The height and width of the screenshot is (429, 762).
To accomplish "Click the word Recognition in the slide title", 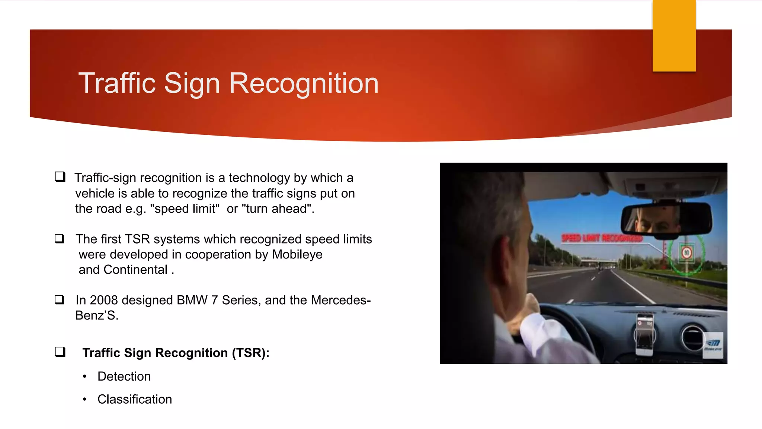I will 304,83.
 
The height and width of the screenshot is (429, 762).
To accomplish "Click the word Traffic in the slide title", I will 116,83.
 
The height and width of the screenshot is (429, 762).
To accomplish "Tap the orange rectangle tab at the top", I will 674,36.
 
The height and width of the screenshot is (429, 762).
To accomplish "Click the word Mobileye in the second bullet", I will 297,254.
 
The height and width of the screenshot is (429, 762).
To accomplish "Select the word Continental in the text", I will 135,270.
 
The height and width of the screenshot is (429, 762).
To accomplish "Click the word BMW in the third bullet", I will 192,300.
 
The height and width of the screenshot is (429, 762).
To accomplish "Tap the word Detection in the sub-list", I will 124,376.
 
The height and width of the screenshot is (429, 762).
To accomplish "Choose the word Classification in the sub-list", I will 135,399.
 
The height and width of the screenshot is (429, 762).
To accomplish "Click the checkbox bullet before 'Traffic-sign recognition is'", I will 60,177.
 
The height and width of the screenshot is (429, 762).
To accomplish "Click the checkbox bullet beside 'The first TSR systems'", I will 60,238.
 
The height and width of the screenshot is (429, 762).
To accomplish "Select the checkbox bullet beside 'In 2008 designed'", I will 60,299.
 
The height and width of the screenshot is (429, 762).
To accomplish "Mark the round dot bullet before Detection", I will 85,376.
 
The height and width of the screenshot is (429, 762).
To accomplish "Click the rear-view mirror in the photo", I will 666,220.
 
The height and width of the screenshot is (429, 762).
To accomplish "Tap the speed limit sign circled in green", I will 686,253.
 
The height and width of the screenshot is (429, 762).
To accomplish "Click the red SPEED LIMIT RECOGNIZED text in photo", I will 602,238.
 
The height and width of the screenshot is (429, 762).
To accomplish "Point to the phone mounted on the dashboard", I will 645,333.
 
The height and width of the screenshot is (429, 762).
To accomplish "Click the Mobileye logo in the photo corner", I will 713,345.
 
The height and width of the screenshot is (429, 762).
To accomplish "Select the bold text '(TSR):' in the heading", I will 250,353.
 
